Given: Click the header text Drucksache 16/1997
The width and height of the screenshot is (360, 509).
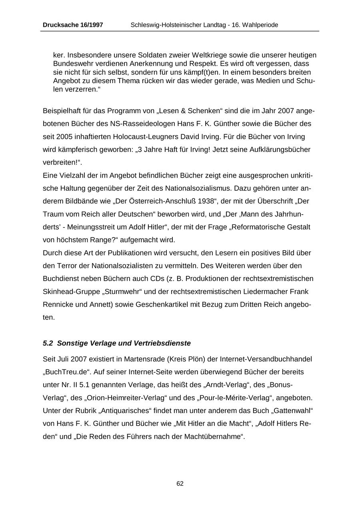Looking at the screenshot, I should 73,25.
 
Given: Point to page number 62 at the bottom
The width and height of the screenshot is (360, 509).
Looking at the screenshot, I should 180,484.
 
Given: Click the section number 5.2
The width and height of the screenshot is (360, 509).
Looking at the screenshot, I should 48,343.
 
